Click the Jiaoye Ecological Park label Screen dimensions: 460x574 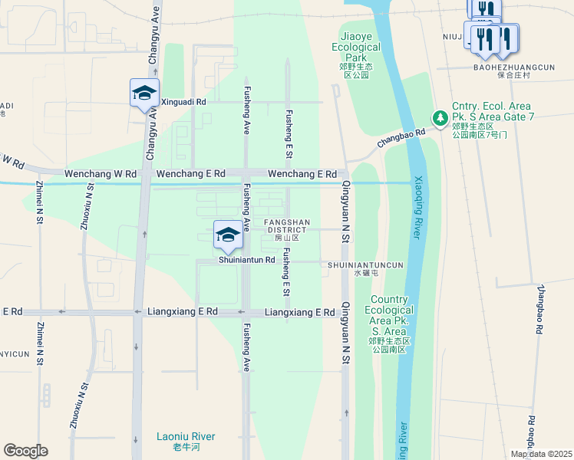(x=360, y=48)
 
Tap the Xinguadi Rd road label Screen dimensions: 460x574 (x=184, y=101)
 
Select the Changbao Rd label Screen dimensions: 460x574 (x=401, y=139)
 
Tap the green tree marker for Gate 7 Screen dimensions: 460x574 (x=440, y=117)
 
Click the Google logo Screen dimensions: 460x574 (x=25, y=451)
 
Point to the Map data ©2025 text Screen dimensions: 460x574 (x=541, y=454)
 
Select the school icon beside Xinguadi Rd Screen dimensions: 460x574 (x=144, y=94)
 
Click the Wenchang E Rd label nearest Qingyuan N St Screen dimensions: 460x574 (x=302, y=174)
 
